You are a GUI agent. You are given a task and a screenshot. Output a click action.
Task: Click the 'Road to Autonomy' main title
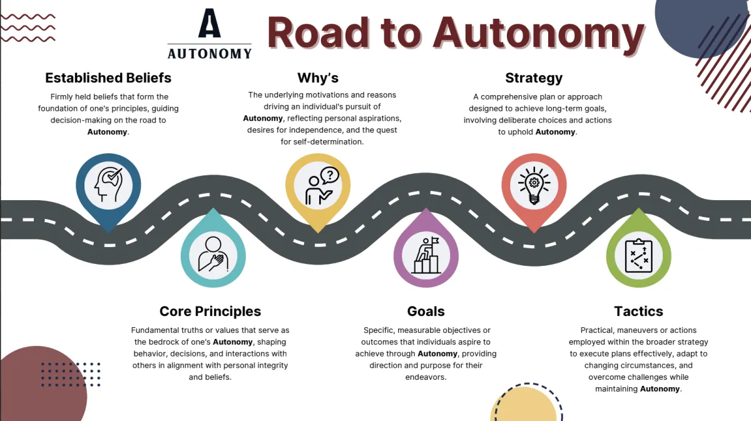click(x=456, y=34)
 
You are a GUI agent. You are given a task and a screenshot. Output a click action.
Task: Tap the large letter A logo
click(x=210, y=23)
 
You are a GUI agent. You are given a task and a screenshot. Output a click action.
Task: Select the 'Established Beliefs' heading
click(x=108, y=78)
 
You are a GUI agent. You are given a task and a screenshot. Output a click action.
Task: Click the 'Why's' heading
click(x=318, y=78)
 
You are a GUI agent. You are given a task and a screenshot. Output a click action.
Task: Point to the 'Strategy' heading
click(x=534, y=78)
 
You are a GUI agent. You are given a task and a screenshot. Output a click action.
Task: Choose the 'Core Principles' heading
click(x=210, y=311)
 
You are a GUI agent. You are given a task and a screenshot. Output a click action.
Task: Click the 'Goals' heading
click(x=426, y=311)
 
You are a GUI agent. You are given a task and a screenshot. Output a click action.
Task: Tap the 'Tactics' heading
click(x=638, y=311)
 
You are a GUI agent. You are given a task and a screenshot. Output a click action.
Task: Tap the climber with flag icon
click(x=426, y=255)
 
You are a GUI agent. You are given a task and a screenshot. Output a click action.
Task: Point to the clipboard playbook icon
click(x=638, y=255)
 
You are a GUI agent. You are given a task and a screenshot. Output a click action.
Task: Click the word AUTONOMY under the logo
click(x=210, y=53)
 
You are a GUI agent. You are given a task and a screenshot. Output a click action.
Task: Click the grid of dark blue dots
click(x=71, y=374)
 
